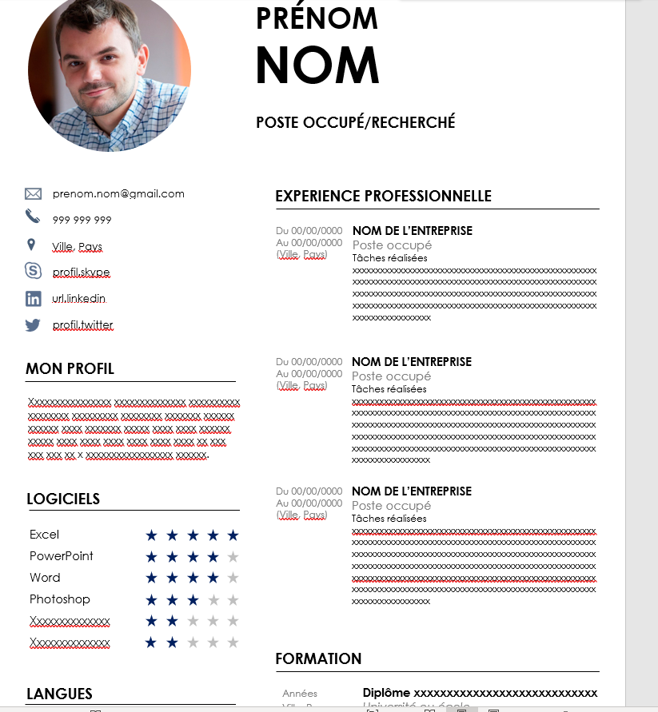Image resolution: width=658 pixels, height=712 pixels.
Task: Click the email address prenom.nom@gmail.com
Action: pos(118,193)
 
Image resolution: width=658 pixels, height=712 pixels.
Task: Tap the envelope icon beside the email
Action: pos(33,193)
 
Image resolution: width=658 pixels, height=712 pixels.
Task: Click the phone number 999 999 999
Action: pos(82,220)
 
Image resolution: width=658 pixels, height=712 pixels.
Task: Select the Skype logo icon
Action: pos(33,271)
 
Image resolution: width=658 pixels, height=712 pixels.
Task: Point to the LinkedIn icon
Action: pos(33,299)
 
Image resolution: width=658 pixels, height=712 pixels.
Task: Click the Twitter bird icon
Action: pos(33,325)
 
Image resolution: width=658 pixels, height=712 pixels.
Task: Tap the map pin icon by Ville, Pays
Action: pos(31,245)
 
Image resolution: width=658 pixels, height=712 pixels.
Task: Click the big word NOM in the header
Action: pos(317,65)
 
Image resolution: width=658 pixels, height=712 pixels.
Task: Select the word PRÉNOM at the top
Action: pos(317,18)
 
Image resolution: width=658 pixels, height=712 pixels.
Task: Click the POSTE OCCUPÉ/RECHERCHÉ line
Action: pos(356,122)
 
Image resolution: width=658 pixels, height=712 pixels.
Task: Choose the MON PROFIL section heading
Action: pos(70,368)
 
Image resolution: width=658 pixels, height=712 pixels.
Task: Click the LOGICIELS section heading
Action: pos(63,499)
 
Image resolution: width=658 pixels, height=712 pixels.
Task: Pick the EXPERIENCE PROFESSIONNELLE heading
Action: pos(383,197)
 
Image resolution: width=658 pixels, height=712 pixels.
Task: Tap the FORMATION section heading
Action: pos(318,658)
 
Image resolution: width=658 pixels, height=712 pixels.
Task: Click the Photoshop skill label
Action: pos(60,599)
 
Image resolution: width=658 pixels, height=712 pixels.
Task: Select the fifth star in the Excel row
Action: pos(233,535)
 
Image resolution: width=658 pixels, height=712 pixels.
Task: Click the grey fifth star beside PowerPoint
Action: pos(233,556)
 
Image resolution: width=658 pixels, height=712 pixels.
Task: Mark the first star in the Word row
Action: pos(151,578)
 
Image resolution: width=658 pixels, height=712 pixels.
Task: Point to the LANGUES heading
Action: pos(59,694)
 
